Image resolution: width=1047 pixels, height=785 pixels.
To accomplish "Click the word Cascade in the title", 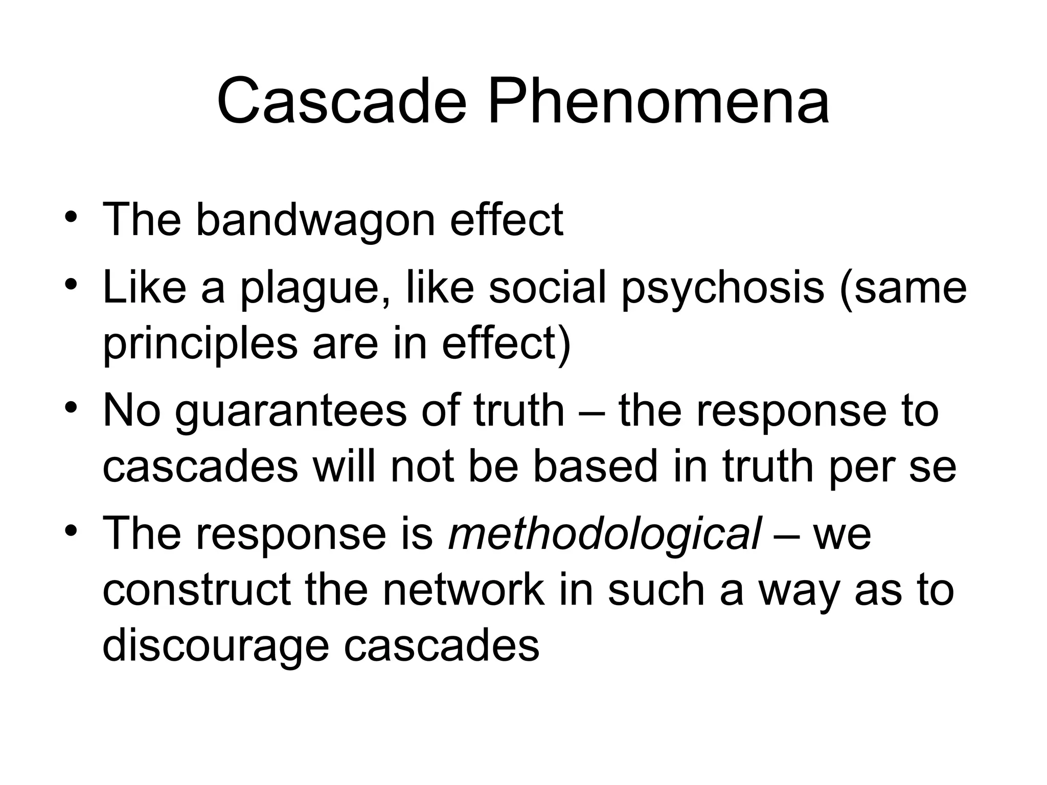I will pos(342,101).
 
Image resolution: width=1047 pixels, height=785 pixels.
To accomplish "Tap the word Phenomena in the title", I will pos(658,101).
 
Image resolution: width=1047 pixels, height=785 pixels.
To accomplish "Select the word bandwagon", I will pos(315,220).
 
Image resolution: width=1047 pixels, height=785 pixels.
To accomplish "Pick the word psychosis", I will pos(722,288).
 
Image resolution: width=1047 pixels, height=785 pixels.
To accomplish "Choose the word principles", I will pos(200,343).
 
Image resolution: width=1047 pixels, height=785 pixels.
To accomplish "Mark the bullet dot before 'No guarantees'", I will pos(71,406).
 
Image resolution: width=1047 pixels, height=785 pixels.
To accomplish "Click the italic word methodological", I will pos(605,534).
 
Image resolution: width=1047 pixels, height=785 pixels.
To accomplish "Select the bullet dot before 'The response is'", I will pos(71,529).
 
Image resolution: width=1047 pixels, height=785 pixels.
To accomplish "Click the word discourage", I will pos(215,645).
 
